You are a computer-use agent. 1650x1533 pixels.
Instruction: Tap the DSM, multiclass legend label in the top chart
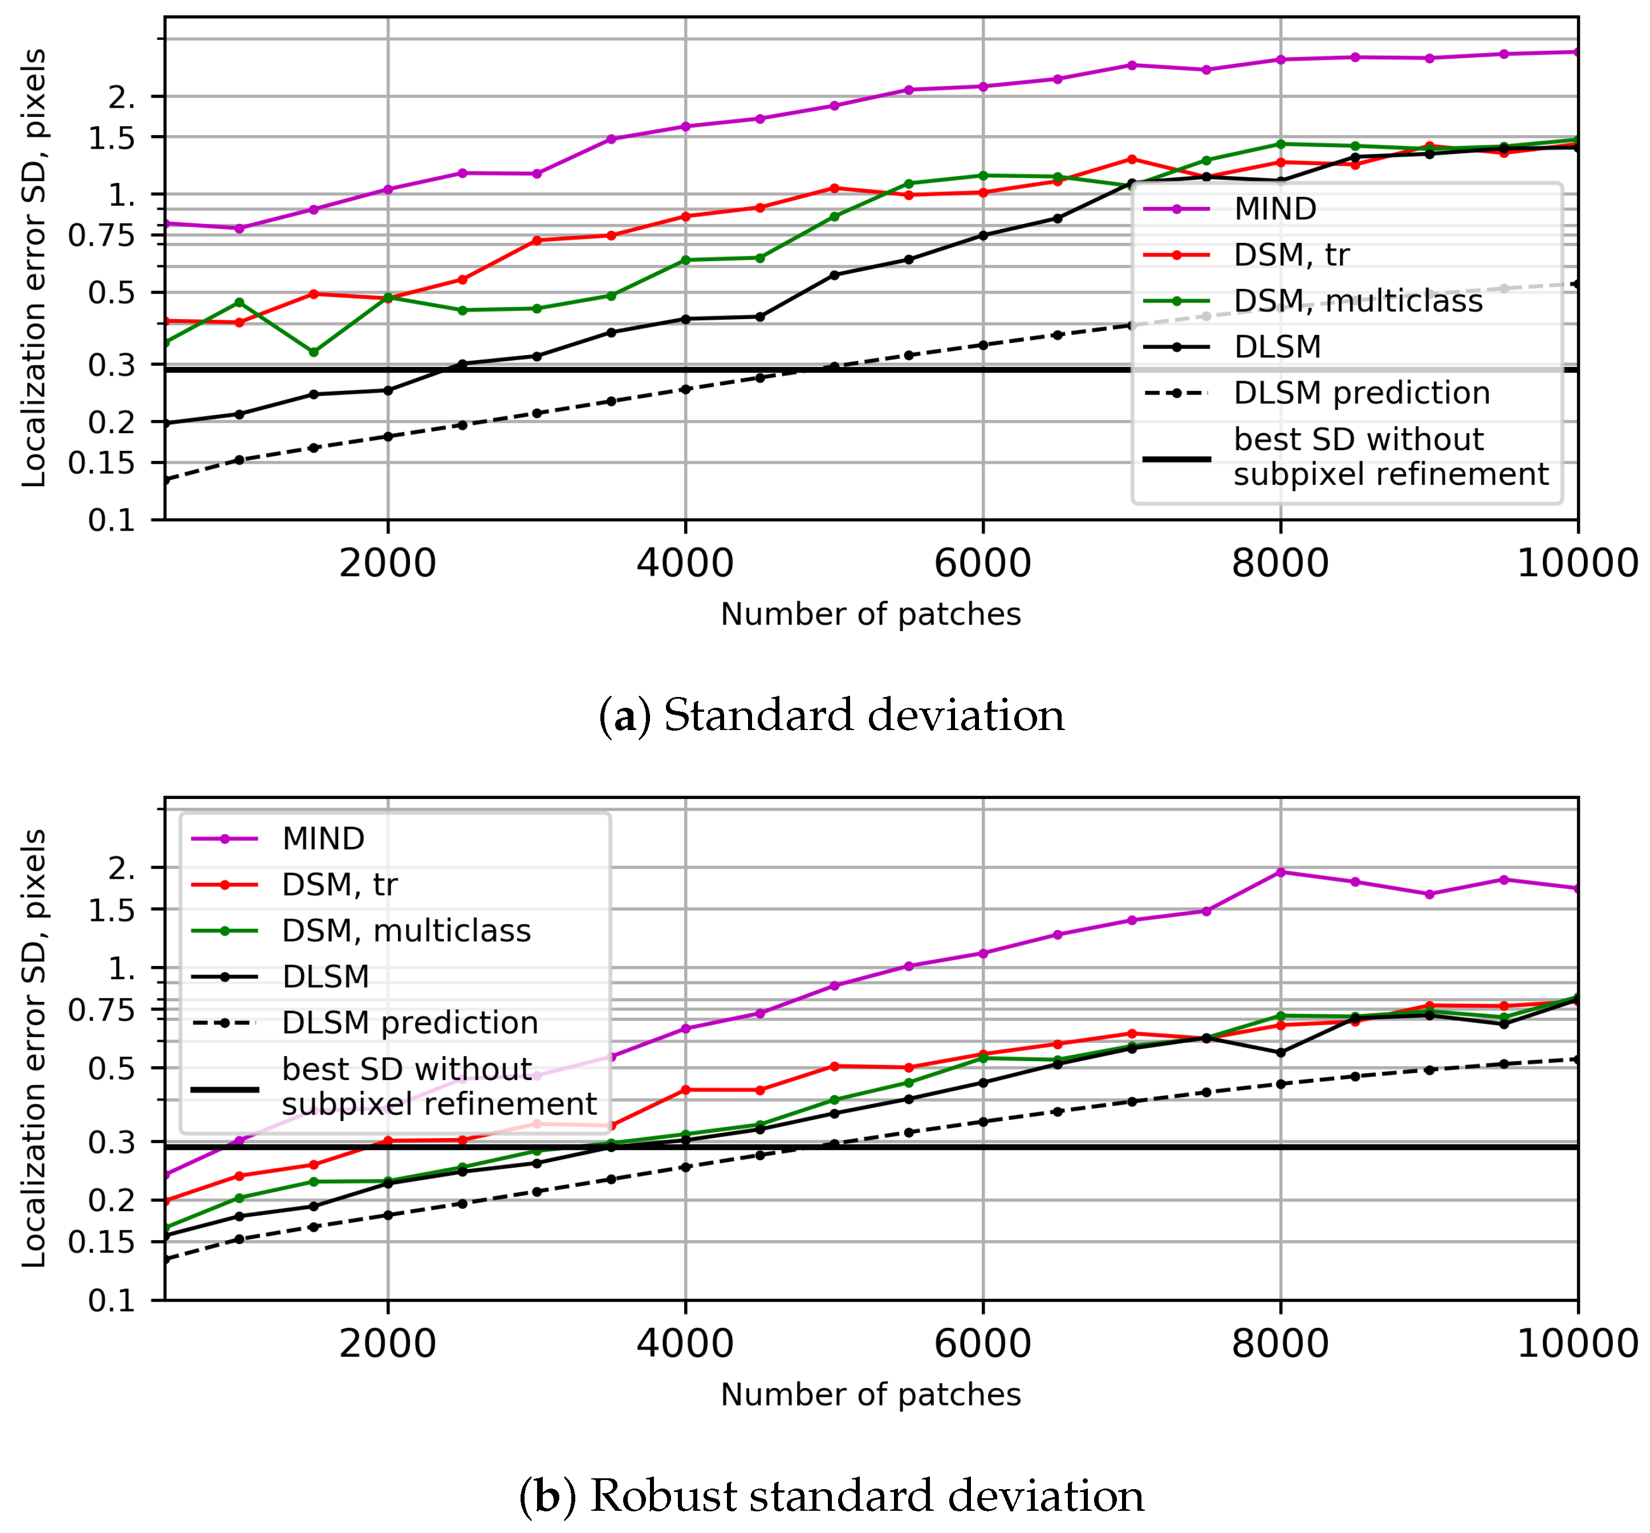1358,300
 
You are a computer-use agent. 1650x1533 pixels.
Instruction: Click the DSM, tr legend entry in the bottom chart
339,884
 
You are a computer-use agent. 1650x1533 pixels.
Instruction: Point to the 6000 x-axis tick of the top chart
983,564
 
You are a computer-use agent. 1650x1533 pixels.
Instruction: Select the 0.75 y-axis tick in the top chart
101,235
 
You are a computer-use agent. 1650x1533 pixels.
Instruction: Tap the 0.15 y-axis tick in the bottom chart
101,1242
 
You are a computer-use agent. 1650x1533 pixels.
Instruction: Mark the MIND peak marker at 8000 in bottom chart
1281,872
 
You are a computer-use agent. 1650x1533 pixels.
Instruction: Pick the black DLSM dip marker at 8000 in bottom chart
1281,1053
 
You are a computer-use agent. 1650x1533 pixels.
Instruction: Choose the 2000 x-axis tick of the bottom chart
388,1344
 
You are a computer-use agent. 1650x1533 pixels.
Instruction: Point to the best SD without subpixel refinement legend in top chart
1390,457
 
